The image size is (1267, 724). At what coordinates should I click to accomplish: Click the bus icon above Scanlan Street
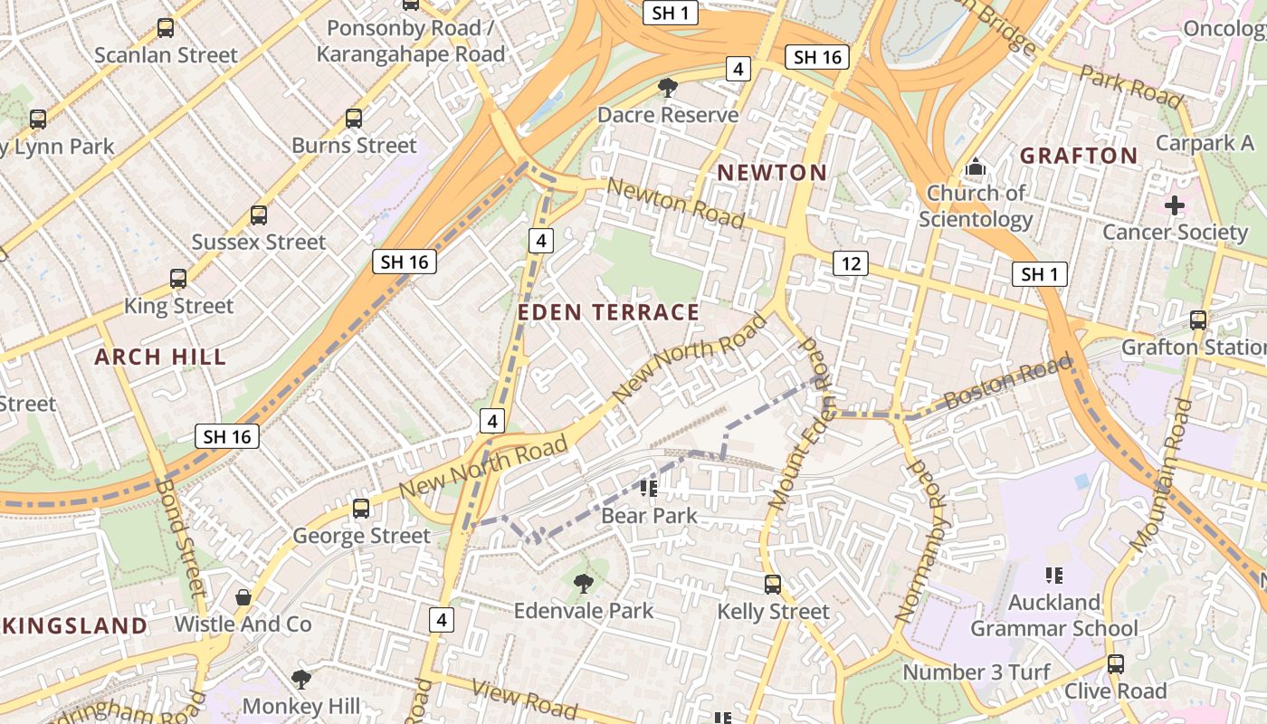click(x=166, y=28)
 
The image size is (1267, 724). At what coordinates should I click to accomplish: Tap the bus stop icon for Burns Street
click(x=354, y=118)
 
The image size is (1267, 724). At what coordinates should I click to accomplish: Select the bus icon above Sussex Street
click(x=259, y=215)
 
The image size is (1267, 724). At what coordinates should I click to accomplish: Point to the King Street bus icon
click(x=178, y=279)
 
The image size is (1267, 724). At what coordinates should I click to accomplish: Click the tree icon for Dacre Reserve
click(x=668, y=88)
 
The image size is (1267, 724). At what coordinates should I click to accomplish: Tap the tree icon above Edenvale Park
click(x=584, y=584)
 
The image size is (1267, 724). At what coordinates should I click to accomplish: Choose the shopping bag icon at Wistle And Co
click(x=243, y=597)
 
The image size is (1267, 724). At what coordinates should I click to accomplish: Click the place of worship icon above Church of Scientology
click(x=976, y=167)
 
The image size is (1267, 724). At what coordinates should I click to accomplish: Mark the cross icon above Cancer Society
click(x=1175, y=205)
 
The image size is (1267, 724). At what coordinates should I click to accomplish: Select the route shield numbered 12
click(x=850, y=263)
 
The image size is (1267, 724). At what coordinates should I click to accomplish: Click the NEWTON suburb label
click(x=772, y=172)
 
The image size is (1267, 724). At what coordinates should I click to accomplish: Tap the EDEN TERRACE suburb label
click(x=608, y=313)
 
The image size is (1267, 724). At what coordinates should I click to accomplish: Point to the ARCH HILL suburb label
click(x=160, y=357)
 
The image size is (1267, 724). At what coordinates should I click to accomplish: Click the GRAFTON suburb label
click(x=1079, y=156)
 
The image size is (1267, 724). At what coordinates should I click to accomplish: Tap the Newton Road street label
click(x=676, y=203)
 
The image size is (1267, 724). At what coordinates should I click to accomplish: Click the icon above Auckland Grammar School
click(x=1053, y=575)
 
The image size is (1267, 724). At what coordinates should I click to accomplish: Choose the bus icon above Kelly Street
click(x=773, y=585)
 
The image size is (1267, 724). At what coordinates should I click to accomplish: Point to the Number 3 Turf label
click(x=976, y=672)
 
